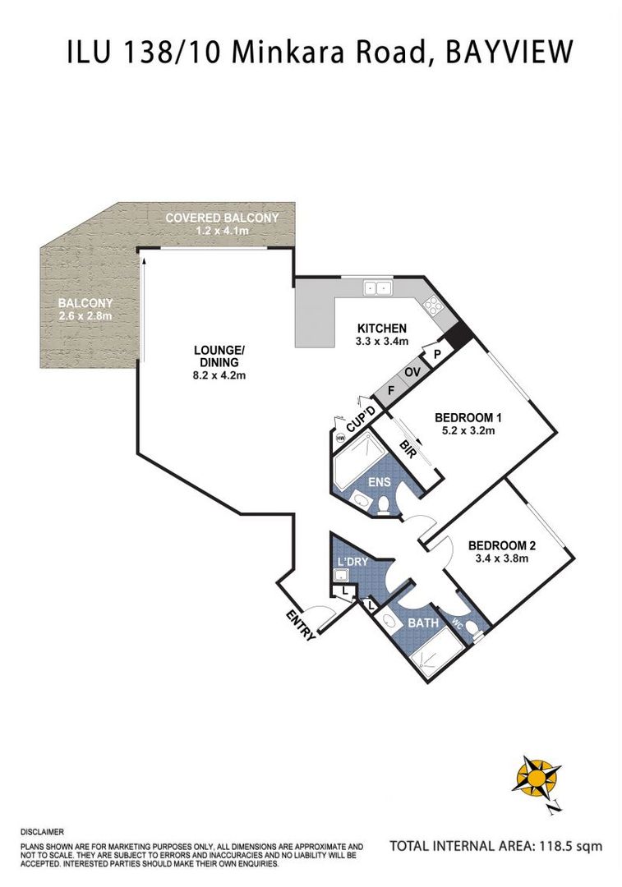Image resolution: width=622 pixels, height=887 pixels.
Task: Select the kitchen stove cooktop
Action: coord(435,306)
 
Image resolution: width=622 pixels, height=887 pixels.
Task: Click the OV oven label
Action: coord(411,372)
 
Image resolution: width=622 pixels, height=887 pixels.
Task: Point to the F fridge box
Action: coord(390,390)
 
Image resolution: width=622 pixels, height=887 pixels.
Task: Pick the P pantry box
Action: coord(437,355)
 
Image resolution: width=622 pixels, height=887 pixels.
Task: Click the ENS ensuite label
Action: coord(379,483)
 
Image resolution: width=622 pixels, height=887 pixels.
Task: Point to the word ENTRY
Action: coord(301,624)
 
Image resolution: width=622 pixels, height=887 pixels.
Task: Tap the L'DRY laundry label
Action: coord(352,562)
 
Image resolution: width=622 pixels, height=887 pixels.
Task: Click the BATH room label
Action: coord(423,623)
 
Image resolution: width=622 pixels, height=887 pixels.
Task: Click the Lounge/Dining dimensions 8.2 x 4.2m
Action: coord(219,375)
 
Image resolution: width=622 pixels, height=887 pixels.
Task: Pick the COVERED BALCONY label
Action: coord(222,218)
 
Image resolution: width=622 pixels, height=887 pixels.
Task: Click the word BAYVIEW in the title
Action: coord(509,53)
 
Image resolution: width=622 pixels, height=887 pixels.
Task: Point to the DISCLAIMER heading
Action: coord(42,832)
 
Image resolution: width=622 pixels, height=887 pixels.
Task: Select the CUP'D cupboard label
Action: coord(361,420)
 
